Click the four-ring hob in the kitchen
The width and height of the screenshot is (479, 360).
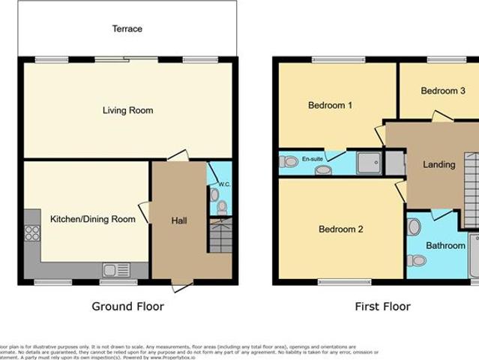[x=32, y=232]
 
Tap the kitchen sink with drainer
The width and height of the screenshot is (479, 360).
[x=115, y=269]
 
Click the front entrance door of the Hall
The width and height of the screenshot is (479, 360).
[x=181, y=285]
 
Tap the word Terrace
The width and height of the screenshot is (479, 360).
[x=127, y=28]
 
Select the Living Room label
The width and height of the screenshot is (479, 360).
[x=127, y=110]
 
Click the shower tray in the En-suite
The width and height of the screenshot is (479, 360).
[x=368, y=163]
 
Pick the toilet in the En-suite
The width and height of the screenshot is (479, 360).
[x=289, y=161]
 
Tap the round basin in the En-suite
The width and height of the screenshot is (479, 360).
[x=323, y=170]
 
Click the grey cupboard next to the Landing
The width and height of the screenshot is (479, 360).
[x=394, y=163]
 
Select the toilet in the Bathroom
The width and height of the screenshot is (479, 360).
[x=416, y=260]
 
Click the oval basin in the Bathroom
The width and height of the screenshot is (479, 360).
[x=415, y=226]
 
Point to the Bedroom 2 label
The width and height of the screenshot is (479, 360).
[x=340, y=229]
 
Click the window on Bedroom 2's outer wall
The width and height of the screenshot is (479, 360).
[x=343, y=282]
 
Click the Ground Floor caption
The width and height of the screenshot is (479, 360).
[x=127, y=306]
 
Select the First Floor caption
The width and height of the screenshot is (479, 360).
[x=382, y=306]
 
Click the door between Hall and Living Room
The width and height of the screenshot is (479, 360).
[x=178, y=156]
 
